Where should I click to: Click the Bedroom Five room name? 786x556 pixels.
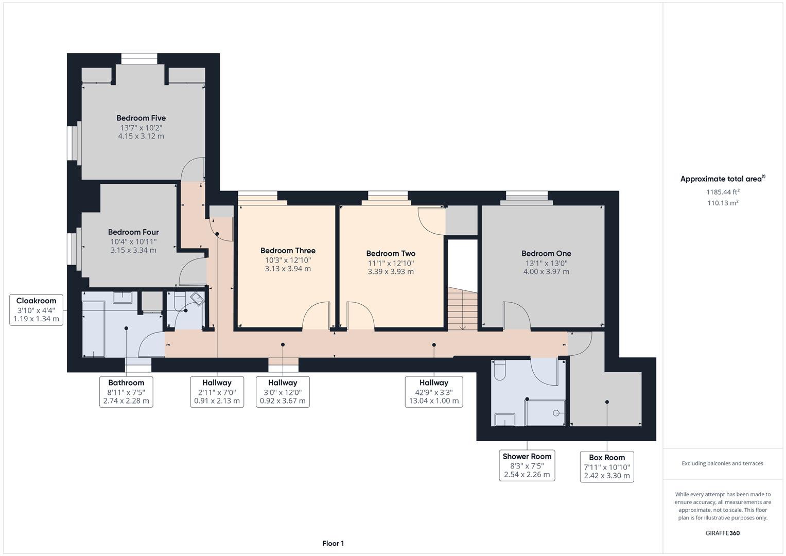click(x=141, y=118)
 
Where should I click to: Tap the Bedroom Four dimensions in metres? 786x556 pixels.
click(x=133, y=250)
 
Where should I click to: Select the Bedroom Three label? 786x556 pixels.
click(x=288, y=251)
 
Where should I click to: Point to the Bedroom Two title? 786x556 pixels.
click(x=391, y=253)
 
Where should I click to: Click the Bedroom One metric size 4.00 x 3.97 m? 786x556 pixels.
click(x=546, y=272)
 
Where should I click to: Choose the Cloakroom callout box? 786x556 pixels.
click(x=36, y=310)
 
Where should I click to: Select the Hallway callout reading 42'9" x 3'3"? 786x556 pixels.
click(x=434, y=392)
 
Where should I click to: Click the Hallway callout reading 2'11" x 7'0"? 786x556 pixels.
click(x=217, y=392)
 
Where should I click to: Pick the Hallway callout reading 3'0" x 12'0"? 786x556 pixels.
click(x=283, y=392)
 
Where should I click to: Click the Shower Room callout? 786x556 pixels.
click(x=527, y=465)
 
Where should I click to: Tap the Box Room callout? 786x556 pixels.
click(x=607, y=467)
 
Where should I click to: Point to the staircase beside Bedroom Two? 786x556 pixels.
click(x=462, y=308)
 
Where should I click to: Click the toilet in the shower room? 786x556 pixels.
click(x=499, y=370)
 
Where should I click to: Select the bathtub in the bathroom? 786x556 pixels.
click(x=93, y=329)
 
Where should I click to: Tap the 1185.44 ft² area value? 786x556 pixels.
click(x=723, y=192)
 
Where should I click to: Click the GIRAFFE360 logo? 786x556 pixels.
click(x=723, y=533)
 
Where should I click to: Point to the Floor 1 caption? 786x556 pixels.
click(x=333, y=543)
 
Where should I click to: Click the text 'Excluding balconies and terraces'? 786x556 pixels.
click(x=722, y=463)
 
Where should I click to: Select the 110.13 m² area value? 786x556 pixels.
click(x=723, y=202)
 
